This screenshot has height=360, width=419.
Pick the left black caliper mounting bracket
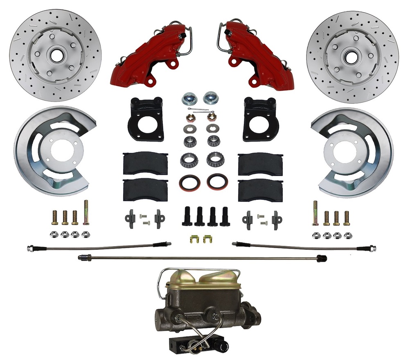click(145, 119)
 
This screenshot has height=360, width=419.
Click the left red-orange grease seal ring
click(189, 182)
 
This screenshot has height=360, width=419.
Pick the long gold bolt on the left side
click(86, 212)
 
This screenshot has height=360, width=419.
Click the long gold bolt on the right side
click(315, 213)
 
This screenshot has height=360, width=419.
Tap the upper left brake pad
click(145, 163)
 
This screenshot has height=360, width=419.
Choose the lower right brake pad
click(260, 190)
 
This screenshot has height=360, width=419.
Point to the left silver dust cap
click(189, 98)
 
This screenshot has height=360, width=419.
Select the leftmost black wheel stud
click(187, 216)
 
